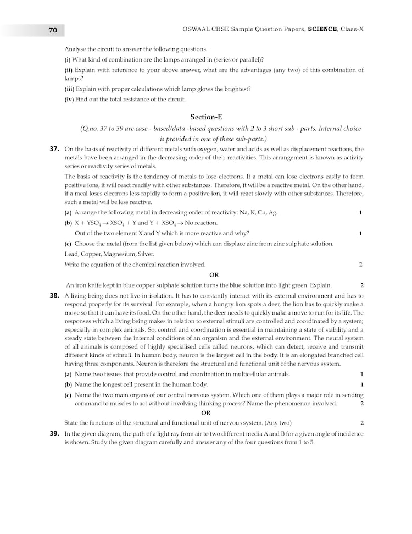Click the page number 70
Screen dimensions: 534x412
(x=53, y=30)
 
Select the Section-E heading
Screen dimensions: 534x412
(x=205, y=117)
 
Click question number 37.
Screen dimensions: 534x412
(x=54, y=149)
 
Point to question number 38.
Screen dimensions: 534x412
(x=54, y=296)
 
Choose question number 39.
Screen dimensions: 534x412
(x=54, y=434)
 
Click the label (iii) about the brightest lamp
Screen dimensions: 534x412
(x=70, y=89)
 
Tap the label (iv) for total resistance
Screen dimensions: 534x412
(x=70, y=100)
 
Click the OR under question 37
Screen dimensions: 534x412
(x=214, y=275)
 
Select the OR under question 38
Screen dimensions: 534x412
(x=205, y=412)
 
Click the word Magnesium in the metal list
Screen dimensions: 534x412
(x=127, y=254)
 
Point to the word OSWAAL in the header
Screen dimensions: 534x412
(x=197, y=30)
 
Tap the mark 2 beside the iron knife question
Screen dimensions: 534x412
(x=361, y=285)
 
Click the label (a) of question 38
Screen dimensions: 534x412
(x=68, y=374)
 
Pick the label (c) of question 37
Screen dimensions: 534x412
(x=68, y=244)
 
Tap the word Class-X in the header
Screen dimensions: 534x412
(x=353, y=30)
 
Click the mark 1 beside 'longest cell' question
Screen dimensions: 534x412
(x=361, y=384)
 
